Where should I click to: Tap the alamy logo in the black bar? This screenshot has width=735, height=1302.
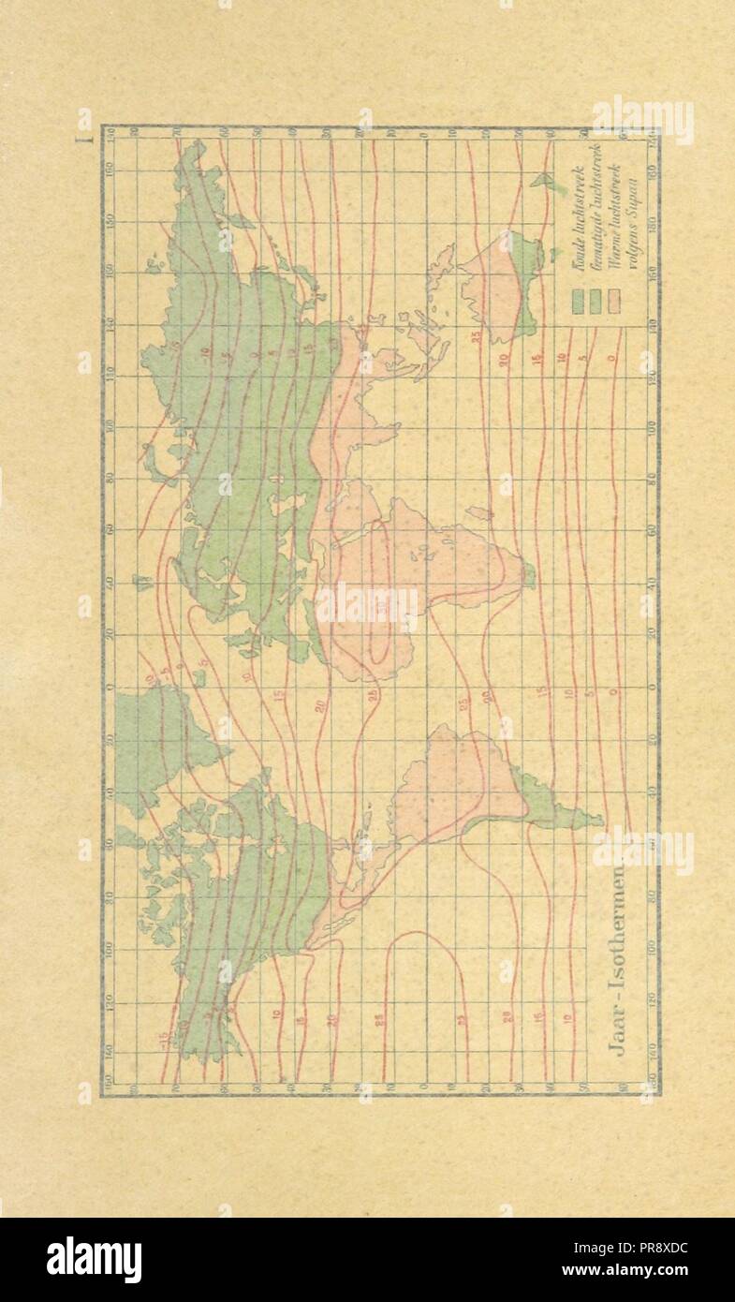94,1260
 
